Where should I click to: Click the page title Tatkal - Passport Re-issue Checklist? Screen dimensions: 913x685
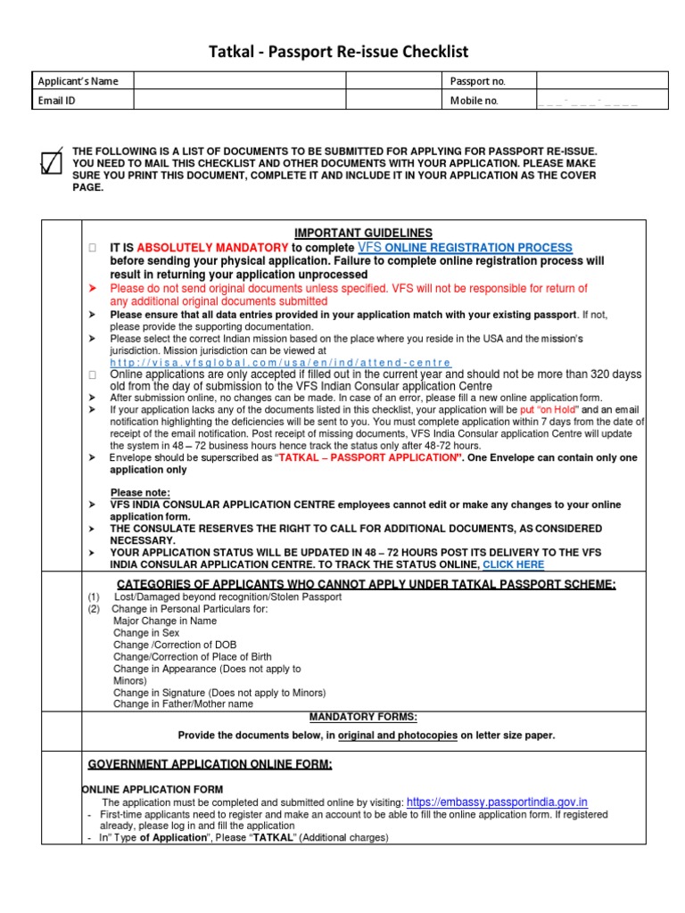(343, 52)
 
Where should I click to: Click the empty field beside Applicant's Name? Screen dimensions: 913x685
(239, 81)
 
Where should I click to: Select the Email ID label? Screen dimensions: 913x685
(56, 101)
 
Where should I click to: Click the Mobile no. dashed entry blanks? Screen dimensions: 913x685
(588, 102)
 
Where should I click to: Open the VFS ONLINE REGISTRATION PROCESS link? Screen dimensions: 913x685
(465, 247)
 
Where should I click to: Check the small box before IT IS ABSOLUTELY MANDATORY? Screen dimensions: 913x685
(92, 248)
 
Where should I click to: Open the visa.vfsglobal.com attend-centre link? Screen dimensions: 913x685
(281, 363)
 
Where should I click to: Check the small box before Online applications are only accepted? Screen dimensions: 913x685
(92, 375)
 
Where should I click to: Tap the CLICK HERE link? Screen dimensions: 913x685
(513, 564)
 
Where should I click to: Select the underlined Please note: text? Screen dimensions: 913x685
(139, 493)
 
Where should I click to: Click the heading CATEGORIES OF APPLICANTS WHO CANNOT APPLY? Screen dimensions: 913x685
(366, 584)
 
